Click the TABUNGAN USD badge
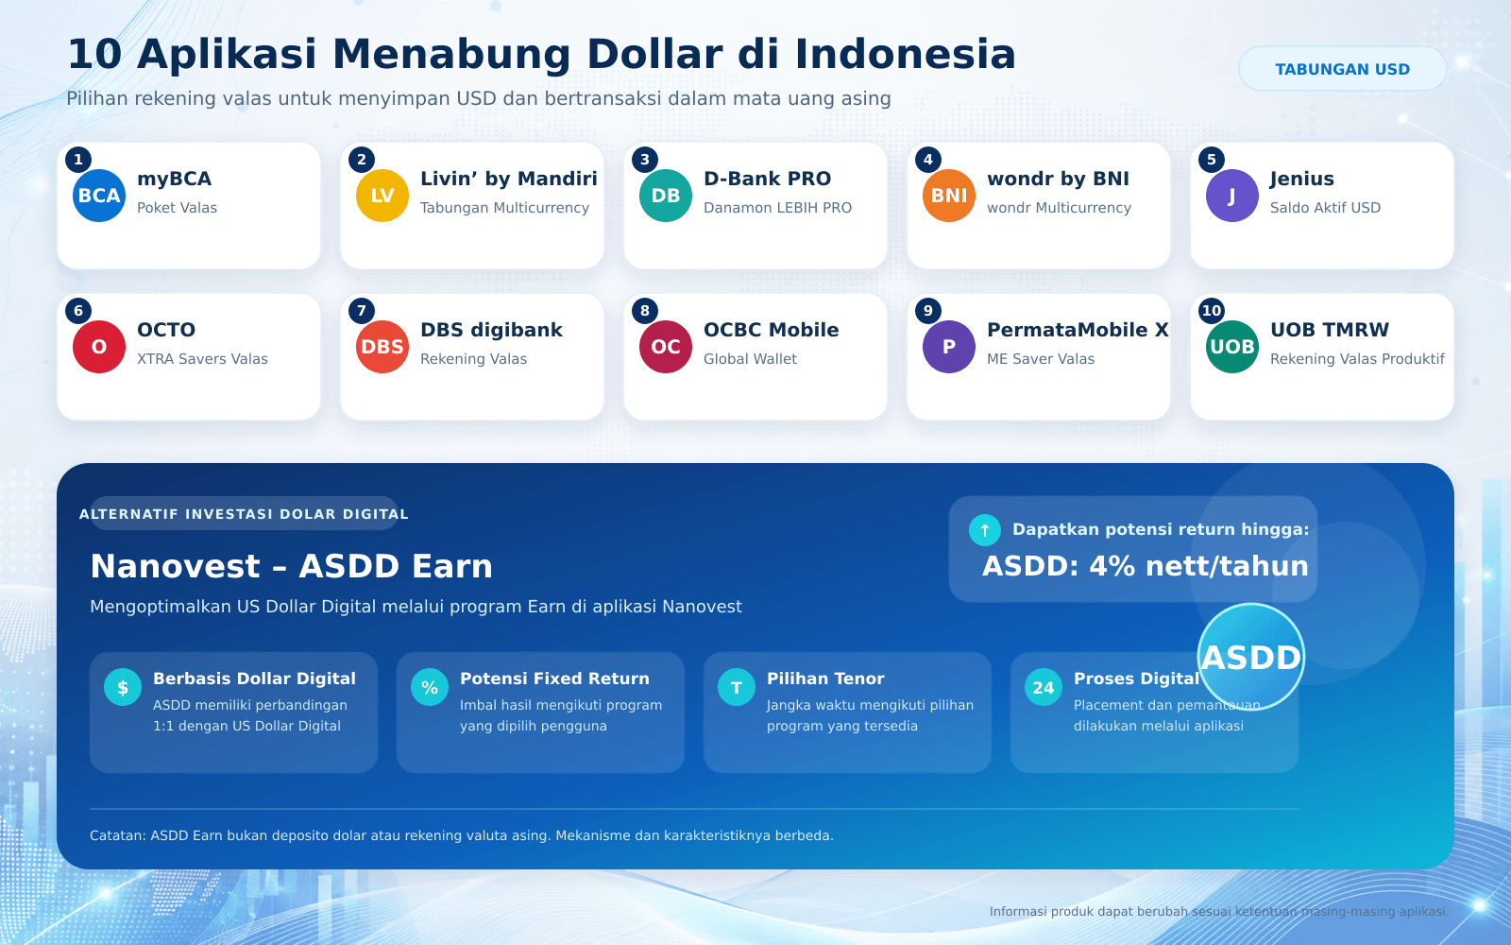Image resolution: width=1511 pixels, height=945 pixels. pyautogui.click(x=1342, y=69)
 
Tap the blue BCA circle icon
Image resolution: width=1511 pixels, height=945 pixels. pyautogui.click(x=99, y=196)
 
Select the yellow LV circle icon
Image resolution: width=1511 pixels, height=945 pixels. pyautogui.click(x=382, y=196)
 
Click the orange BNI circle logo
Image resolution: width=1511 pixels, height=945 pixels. pyautogui.click(x=949, y=196)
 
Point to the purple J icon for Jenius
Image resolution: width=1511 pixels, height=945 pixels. pyautogui.click(x=1232, y=196)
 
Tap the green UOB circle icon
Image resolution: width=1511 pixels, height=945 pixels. pyautogui.click(x=1232, y=347)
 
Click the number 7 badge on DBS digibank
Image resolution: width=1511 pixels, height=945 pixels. pyautogui.click(x=362, y=311)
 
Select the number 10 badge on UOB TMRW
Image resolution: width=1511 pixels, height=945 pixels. pyautogui.click(x=1212, y=311)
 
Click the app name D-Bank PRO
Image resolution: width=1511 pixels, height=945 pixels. pyautogui.click(x=767, y=179)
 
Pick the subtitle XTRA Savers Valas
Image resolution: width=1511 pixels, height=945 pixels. pyautogui.click(x=202, y=359)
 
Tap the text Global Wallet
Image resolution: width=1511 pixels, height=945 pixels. pyautogui.click(x=750, y=359)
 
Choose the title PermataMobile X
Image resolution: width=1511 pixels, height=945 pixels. pyautogui.click(x=1078, y=330)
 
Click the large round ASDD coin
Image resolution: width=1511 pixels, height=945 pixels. pyautogui.click(x=1251, y=657)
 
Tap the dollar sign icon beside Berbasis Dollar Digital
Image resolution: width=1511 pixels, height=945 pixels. pyautogui.click(x=123, y=687)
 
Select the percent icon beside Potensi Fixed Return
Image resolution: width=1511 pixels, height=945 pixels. pyautogui.click(x=430, y=687)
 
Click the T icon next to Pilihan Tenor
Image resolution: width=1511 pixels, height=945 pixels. pyautogui.click(x=737, y=687)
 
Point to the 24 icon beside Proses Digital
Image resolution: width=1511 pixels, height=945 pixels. pyautogui.click(x=1044, y=687)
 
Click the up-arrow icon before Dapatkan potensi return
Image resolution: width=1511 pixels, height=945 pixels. pyautogui.click(x=985, y=530)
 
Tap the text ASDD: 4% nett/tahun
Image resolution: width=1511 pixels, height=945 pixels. pyautogui.click(x=1146, y=566)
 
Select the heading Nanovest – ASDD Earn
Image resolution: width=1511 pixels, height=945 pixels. pyautogui.click(x=292, y=566)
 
